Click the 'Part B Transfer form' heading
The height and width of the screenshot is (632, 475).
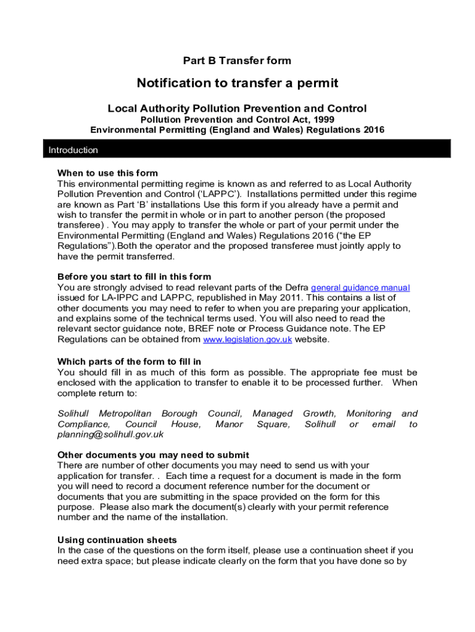pos(237,60)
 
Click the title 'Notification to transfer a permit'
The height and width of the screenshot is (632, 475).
pos(238,83)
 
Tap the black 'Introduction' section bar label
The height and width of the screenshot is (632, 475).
pos(73,150)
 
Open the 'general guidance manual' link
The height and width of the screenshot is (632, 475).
pos(360,288)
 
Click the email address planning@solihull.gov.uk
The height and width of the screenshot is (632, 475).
pos(110,434)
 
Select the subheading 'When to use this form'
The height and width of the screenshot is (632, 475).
pos(107,173)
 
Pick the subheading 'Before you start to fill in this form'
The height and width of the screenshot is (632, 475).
pos(134,276)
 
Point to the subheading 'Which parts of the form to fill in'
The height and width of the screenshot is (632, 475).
pos(129,361)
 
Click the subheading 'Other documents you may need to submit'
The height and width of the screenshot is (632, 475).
pos(144,455)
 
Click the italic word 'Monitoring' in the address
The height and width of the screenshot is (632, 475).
pos(369,414)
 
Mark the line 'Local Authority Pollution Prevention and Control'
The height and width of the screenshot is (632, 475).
pos(237,109)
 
